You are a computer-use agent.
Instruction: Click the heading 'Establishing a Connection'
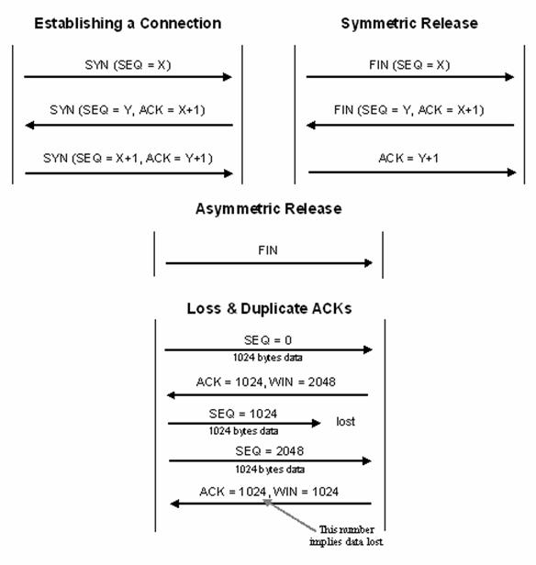(128, 24)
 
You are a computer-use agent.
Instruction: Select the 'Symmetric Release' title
(409, 24)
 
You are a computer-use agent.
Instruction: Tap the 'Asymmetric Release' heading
(269, 208)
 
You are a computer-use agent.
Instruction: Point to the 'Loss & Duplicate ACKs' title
(269, 308)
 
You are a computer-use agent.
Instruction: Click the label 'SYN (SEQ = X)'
(128, 65)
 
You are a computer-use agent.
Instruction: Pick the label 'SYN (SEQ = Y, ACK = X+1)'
(128, 110)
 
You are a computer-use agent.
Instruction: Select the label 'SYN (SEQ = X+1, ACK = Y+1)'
(128, 158)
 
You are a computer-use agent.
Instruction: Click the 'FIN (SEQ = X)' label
(409, 65)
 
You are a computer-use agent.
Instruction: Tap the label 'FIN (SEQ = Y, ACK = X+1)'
(408, 110)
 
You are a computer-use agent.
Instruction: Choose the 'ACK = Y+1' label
(408, 158)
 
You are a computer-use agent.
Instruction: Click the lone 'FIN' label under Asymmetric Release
(268, 250)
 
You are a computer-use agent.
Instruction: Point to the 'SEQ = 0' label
(268, 340)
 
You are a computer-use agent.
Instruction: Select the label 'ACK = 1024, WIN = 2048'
(265, 382)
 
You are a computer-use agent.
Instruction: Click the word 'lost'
(345, 421)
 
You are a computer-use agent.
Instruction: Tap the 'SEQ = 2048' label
(269, 450)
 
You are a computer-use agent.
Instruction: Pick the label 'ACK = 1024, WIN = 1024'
(269, 492)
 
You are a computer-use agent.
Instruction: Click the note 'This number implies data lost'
(346, 536)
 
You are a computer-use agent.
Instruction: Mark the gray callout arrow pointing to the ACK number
(290, 515)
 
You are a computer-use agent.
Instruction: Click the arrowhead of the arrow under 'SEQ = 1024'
(316, 423)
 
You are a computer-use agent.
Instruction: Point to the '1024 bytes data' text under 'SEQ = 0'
(267, 358)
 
